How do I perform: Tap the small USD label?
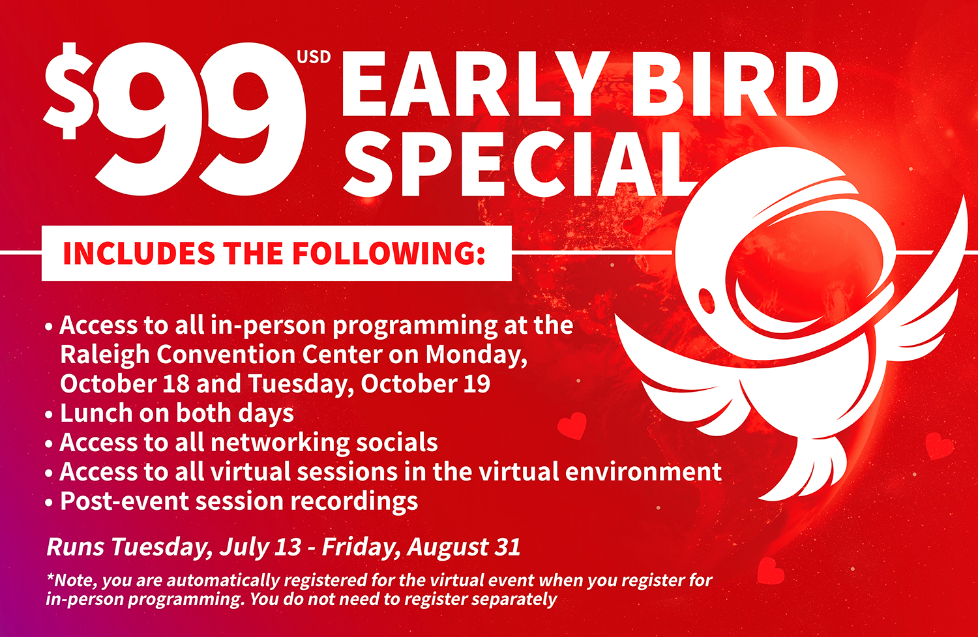pos(314,57)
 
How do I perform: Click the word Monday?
pos(477,355)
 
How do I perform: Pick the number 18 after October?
pos(176,384)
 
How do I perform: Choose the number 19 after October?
pos(477,384)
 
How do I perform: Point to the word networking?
pos(280,443)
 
